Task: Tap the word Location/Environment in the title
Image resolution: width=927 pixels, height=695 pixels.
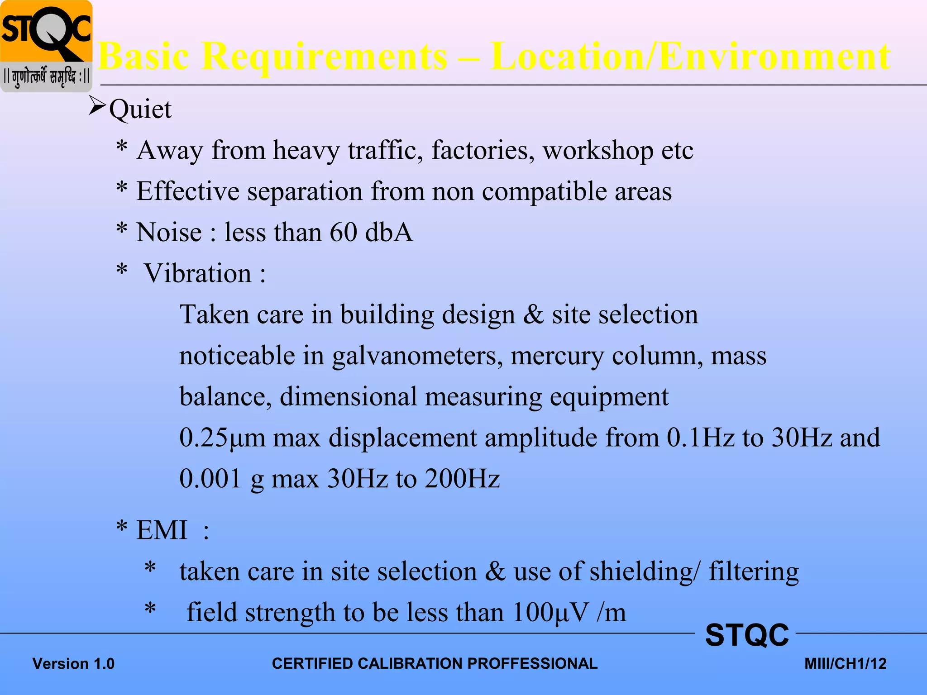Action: click(x=691, y=57)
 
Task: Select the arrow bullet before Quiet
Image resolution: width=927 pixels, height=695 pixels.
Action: click(x=97, y=106)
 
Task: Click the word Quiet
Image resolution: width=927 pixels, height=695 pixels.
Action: click(x=140, y=109)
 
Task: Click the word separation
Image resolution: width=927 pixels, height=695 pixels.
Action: click(x=305, y=191)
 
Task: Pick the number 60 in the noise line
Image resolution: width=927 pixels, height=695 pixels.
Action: click(x=344, y=233)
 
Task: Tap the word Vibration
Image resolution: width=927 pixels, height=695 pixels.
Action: click(x=197, y=274)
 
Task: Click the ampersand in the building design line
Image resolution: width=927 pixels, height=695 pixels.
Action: click(x=533, y=314)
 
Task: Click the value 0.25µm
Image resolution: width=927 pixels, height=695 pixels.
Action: click(x=222, y=438)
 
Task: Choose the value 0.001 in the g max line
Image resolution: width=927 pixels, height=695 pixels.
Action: click(x=210, y=479)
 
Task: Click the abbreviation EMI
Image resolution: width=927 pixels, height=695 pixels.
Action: click(x=162, y=530)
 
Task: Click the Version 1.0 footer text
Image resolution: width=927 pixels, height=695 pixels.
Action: click(x=73, y=664)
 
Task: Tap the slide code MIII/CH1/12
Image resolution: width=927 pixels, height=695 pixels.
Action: click(x=845, y=664)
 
